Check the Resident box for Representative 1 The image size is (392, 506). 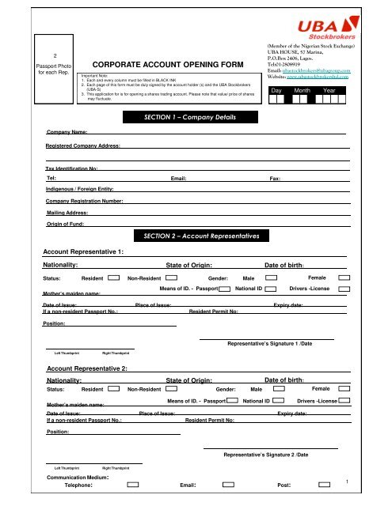pos(114,278)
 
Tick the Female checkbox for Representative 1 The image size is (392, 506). pos(344,278)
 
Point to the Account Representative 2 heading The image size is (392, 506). pos(87,369)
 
